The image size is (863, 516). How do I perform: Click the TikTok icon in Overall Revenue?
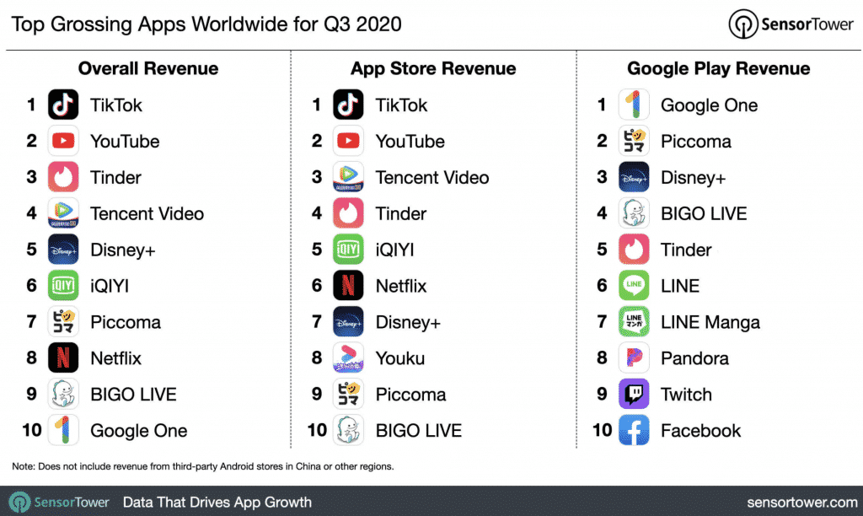pyautogui.click(x=63, y=105)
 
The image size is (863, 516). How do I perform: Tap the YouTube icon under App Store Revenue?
pyautogui.click(x=348, y=142)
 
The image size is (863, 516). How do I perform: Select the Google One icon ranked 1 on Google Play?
pyautogui.click(x=634, y=105)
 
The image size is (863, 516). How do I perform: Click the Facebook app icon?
pyautogui.click(x=634, y=431)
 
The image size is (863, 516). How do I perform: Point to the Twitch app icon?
pyautogui.click(x=634, y=395)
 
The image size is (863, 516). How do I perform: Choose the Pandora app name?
pyautogui.click(x=694, y=358)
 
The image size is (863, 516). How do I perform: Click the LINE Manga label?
pyautogui.click(x=710, y=322)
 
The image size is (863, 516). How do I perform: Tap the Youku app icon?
pyautogui.click(x=348, y=358)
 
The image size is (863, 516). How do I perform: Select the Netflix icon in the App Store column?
pyautogui.click(x=348, y=286)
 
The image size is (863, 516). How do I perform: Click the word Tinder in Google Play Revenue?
pyautogui.click(x=686, y=250)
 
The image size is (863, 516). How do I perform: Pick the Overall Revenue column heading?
pyautogui.click(x=148, y=69)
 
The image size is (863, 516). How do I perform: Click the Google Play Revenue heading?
pyautogui.click(x=719, y=69)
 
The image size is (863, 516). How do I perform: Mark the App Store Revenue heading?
pyautogui.click(x=433, y=69)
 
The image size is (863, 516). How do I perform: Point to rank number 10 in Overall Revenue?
pyautogui.click(x=31, y=431)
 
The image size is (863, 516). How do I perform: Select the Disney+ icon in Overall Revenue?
pyautogui.click(x=63, y=250)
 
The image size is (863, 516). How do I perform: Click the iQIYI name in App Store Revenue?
pyautogui.click(x=395, y=250)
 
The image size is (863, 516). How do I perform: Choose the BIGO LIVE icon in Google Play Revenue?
pyautogui.click(x=634, y=214)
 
